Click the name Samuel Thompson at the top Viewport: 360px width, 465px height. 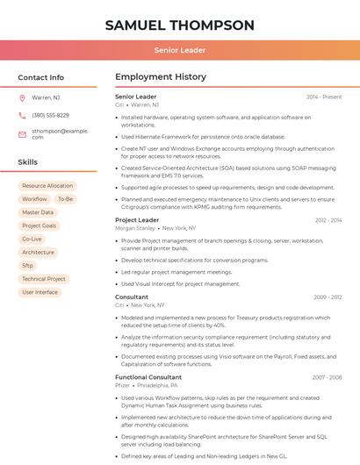pyautogui.click(x=180, y=25)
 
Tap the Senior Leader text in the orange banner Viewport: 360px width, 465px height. pyautogui.click(x=180, y=50)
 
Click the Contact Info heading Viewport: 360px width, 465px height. pyautogui.click(x=41, y=77)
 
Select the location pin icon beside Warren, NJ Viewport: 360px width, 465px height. pyautogui.click(x=22, y=97)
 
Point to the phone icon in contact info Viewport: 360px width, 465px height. pyautogui.click(x=22, y=115)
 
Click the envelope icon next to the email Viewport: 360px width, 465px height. pyautogui.click(x=22, y=133)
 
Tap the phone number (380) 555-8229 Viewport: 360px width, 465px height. pyautogui.click(x=50, y=115)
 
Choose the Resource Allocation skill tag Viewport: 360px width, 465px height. pyautogui.click(x=47, y=186)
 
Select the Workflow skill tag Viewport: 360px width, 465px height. pyautogui.click(x=34, y=199)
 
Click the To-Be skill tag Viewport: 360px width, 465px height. pyautogui.click(x=66, y=199)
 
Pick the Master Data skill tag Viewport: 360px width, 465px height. pyautogui.click(x=38, y=212)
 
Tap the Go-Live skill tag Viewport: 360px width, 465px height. pyautogui.click(x=32, y=239)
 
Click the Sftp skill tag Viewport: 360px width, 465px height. pyautogui.click(x=28, y=265)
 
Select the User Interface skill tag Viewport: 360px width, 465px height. pyautogui.click(x=40, y=292)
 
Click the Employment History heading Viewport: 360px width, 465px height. pyautogui.click(x=161, y=77)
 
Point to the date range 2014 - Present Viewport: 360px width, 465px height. pyautogui.click(x=324, y=97)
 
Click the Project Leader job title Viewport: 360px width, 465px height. pyautogui.click(x=137, y=220)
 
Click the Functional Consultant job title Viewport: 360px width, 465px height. pyautogui.click(x=148, y=376)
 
